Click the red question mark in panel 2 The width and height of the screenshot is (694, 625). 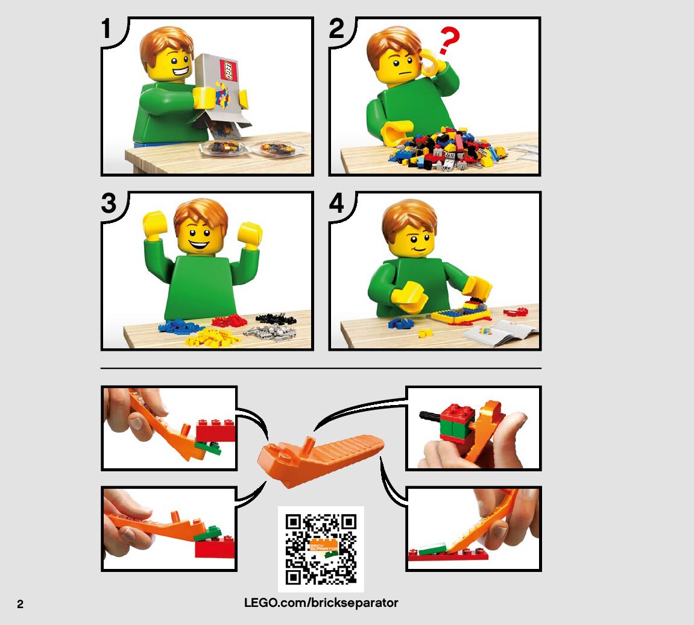tap(448, 40)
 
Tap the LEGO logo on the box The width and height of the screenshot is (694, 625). tap(229, 71)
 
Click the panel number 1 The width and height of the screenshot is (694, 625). tap(106, 28)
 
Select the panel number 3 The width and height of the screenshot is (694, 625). tap(109, 203)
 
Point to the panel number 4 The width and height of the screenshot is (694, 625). tap(336, 203)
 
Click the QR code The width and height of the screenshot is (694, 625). tap(321, 549)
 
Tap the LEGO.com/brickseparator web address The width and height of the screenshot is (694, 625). tap(321, 603)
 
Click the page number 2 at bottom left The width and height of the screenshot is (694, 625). tap(21, 605)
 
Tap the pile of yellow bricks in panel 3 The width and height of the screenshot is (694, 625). tap(212, 337)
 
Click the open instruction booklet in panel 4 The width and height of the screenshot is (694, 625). tap(500, 333)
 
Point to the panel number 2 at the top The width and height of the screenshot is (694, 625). tap(336, 28)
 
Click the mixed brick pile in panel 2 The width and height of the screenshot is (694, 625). tap(447, 149)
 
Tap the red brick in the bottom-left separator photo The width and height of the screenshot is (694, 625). tap(215, 548)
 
